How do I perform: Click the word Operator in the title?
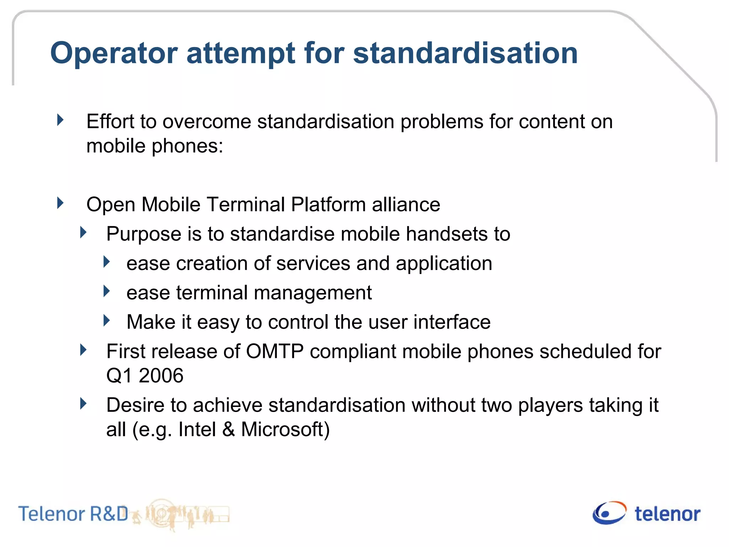114,53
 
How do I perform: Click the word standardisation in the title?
465,53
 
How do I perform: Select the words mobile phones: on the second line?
154,146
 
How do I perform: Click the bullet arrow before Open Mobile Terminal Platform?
61,203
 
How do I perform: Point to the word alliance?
406,205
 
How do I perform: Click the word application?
444,264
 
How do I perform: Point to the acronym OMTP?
275,351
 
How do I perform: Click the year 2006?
161,376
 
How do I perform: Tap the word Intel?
197,429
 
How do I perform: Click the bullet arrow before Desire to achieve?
83,404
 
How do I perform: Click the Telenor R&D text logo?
73,514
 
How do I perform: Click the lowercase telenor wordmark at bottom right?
667,514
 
